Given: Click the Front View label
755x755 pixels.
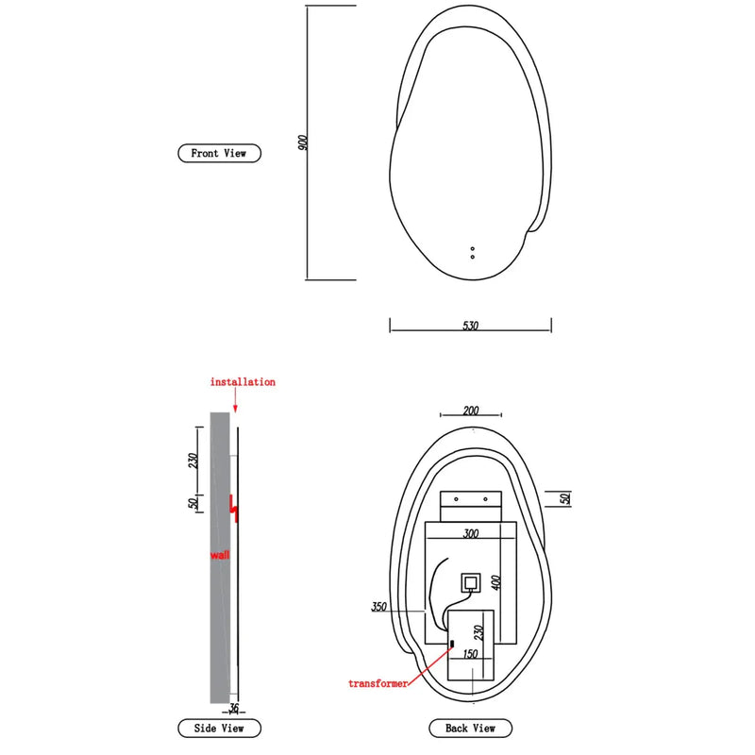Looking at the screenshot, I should (x=219, y=153).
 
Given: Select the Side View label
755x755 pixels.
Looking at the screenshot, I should (x=219, y=728).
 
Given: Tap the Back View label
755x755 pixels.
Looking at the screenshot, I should (x=470, y=728).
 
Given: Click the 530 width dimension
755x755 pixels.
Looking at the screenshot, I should (x=470, y=326).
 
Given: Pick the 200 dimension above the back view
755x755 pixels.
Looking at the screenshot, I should (x=471, y=411).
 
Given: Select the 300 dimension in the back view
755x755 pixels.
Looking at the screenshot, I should (x=471, y=534).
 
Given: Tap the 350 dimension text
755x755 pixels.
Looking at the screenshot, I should (x=379, y=607).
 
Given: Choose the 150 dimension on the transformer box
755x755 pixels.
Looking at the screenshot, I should (x=470, y=653).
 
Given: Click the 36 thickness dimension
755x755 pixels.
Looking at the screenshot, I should (x=233, y=709).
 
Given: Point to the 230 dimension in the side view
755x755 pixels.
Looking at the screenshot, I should (x=194, y=461).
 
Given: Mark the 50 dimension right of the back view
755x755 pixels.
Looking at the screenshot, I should (x=564, y=498).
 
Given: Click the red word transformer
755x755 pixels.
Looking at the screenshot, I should (x=377, y=683).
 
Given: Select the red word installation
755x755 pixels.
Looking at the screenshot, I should (x=243, y=382).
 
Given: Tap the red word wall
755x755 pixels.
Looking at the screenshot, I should (x=219, y=556).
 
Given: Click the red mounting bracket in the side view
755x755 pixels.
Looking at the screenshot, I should (x=234, y=510).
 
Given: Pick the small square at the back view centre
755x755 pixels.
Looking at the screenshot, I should (x=470, y=582).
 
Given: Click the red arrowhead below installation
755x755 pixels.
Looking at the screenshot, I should (x=235, y=408).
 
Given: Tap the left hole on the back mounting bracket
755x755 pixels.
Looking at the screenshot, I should (x=457, y=497).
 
